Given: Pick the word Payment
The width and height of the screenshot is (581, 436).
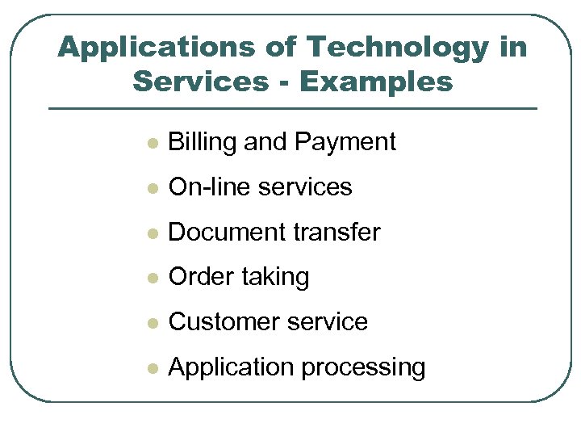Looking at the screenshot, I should coord(345,142).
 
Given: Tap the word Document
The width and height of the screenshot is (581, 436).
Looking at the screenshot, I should coord(219,233).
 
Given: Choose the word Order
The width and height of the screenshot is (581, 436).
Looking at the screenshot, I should coord(199,277).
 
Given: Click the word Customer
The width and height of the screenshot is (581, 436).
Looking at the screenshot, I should coord(220,322).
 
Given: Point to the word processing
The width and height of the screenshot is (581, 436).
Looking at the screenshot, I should coord(363,368).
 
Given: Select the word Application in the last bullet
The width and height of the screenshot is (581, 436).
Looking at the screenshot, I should coord(231,368).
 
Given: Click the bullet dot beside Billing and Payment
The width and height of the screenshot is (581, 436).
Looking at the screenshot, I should coord(151,144).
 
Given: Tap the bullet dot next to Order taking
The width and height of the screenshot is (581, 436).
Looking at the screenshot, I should coord(151,279).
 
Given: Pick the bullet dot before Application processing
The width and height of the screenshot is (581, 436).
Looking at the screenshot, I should coord(151,369).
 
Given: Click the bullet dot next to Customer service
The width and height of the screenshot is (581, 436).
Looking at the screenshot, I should coord(151,324).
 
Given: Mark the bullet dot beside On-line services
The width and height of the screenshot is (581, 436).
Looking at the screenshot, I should coord(151,189).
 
